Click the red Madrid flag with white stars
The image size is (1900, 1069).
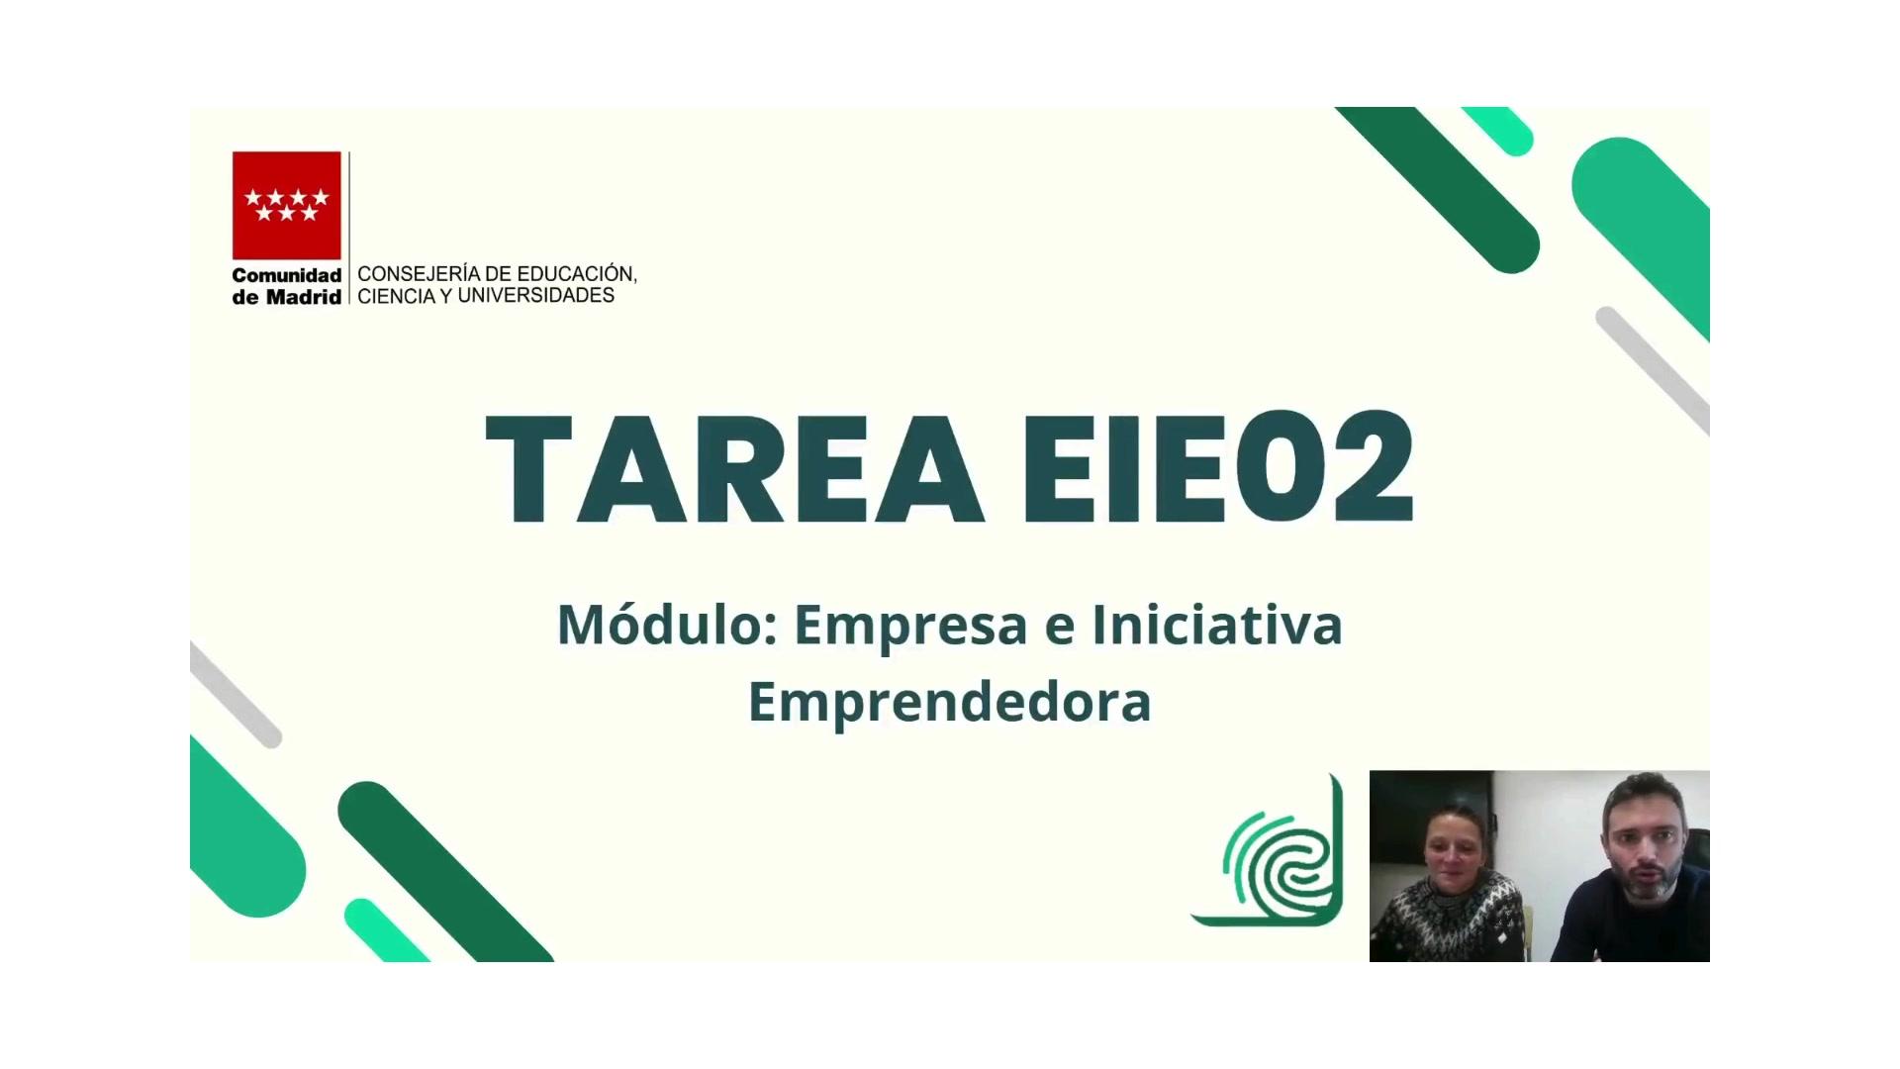287,205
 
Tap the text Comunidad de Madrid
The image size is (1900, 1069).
287,285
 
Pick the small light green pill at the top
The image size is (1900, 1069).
1497,130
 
